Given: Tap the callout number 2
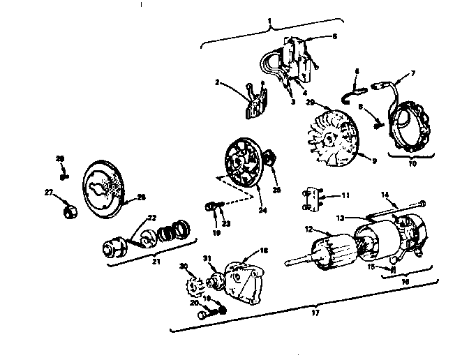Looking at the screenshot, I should click(218, 82).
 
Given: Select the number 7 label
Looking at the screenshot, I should click(413, 73).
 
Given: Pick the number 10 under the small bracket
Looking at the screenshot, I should click(412, 165).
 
